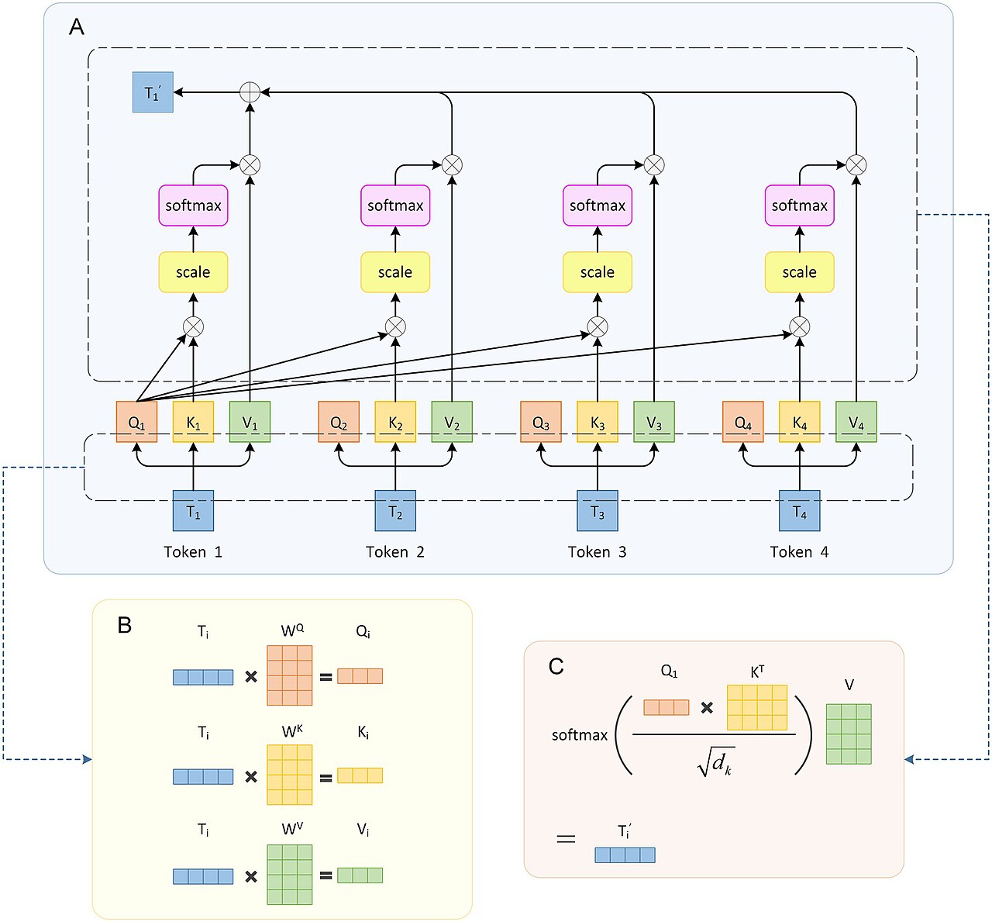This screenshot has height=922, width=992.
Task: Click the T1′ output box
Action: (x=153, y=92)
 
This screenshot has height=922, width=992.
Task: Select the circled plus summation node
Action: (x=250, y=92)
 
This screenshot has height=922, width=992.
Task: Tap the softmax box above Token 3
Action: (x=598, y=205)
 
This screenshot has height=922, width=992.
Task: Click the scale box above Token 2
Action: (x=395, y=272)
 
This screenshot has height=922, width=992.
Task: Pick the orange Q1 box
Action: (x=136, y=422)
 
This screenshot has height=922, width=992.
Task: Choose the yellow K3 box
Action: (x=598, y=422)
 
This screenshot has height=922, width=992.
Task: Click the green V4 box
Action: (x=856, y=422)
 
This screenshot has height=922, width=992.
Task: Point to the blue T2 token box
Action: (x=395, y=510)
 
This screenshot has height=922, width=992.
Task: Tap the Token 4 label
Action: (x=799, y=551)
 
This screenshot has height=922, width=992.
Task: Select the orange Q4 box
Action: (x=742, y=422)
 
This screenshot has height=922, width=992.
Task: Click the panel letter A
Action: (x=77, y=26)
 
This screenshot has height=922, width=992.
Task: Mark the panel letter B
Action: (x=124, y=625)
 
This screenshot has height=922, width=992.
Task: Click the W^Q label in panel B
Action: (x=292, y=630)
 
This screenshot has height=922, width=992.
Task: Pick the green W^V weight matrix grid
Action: (x=290, y=875)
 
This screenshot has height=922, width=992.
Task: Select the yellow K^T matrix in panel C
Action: (x=757, y=707)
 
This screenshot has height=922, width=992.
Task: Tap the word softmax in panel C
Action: (x=580, y=735)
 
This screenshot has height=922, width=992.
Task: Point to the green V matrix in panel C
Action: (x=849, y=734)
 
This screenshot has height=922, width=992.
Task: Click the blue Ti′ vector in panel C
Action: (x=625, y=855)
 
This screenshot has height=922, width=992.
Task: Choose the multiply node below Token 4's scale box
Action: (x=799, y=327)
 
